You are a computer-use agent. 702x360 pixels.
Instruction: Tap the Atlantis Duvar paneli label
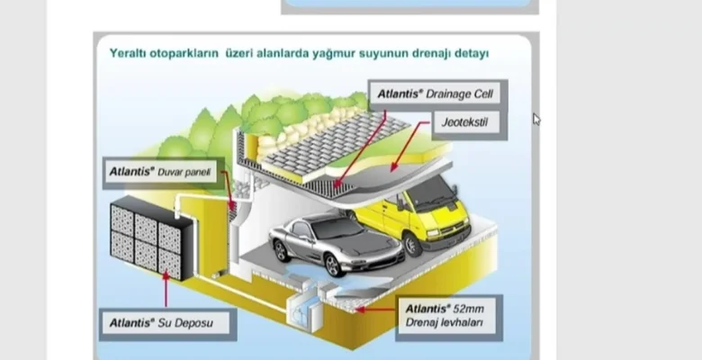[x=162, y=171]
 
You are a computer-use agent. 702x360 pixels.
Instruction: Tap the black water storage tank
[x=148, y=237]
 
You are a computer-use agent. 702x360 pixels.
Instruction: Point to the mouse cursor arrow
[x=536, y=118]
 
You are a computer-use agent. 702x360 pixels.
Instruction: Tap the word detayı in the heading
[x=471, y=54]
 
